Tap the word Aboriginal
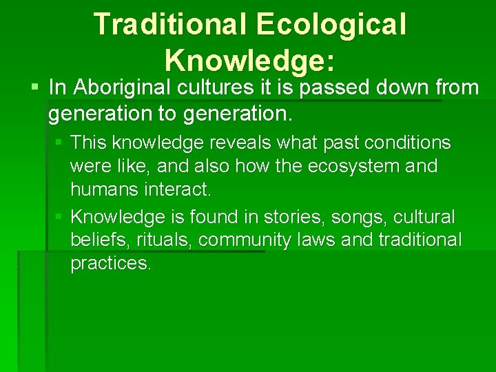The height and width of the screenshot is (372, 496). pyautogui.click(x=118, y=87)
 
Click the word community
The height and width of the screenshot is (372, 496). pyautogui.click(x=251, y=240)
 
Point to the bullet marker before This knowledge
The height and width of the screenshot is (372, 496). pyautogui.click(x=59, y=143)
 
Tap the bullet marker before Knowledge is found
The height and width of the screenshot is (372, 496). pyautogui.click(x=59, y=217)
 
